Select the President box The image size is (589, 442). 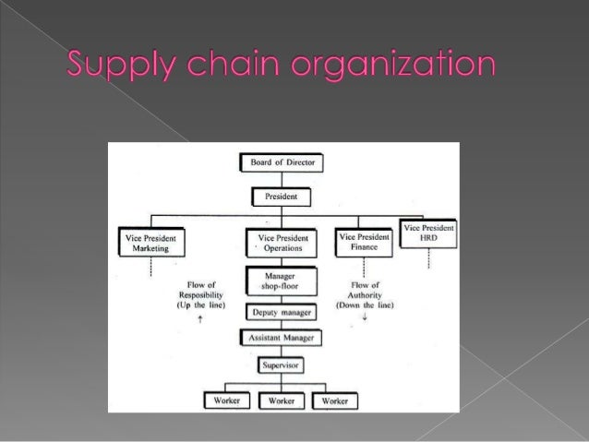tap(282, 197)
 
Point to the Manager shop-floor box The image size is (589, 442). tap(281, 281)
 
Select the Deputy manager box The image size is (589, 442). tap(281, 313)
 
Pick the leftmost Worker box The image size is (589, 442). tap(226, 401)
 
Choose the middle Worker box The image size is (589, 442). tap(282, 401)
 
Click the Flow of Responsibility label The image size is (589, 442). tap(200, 294)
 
